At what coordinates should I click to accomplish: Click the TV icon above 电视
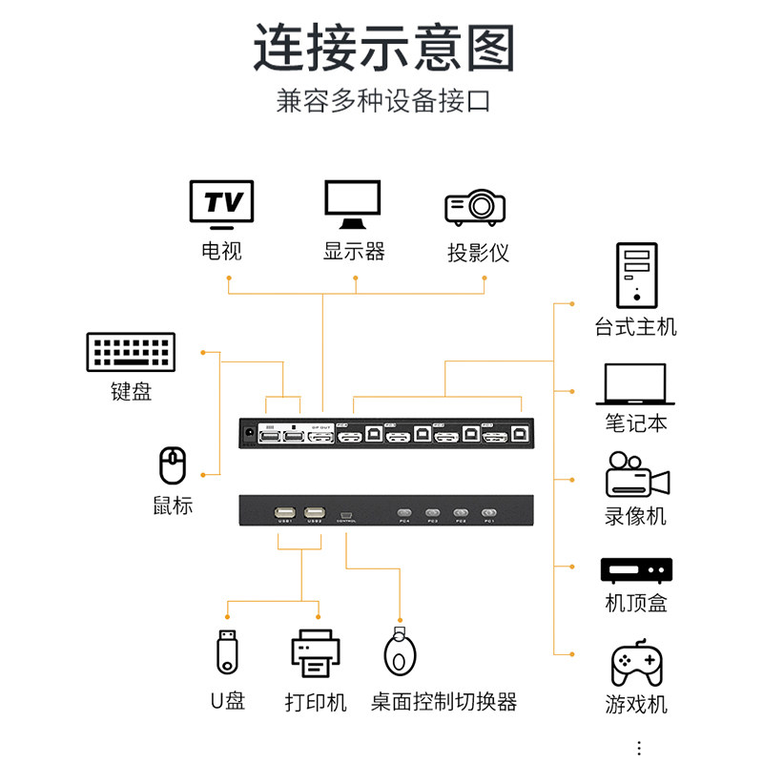(221, 204)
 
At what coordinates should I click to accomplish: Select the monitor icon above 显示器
(353, 204)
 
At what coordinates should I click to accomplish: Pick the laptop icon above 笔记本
(636, 385)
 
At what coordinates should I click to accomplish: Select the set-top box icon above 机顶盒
(636, 570)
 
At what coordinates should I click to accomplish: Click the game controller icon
(636, 664)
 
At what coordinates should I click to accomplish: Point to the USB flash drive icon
(226, 652)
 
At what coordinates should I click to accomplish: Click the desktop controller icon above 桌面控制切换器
(400, 652)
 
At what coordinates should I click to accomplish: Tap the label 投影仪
(478, 253)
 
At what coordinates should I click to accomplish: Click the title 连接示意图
(383, 48)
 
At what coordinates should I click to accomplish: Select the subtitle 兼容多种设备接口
(383, 101)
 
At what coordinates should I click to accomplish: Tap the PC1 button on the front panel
(489, 513)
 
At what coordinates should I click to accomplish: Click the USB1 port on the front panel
(284, 513)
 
